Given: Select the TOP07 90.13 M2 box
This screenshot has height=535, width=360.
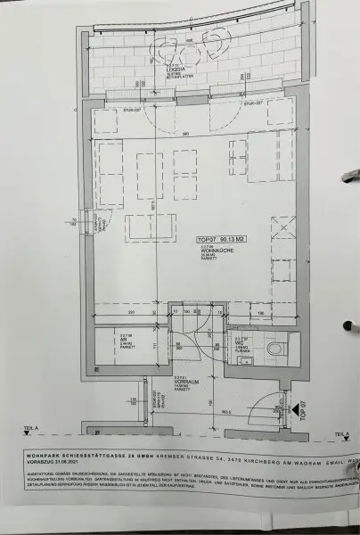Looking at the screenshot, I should coord(217,239).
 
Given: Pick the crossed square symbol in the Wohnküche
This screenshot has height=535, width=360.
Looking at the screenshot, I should coord(283,226).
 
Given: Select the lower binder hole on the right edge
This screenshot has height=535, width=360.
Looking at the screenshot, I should coord(348,326).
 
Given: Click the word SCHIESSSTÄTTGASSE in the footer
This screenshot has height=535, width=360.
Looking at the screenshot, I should coord(95,455).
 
